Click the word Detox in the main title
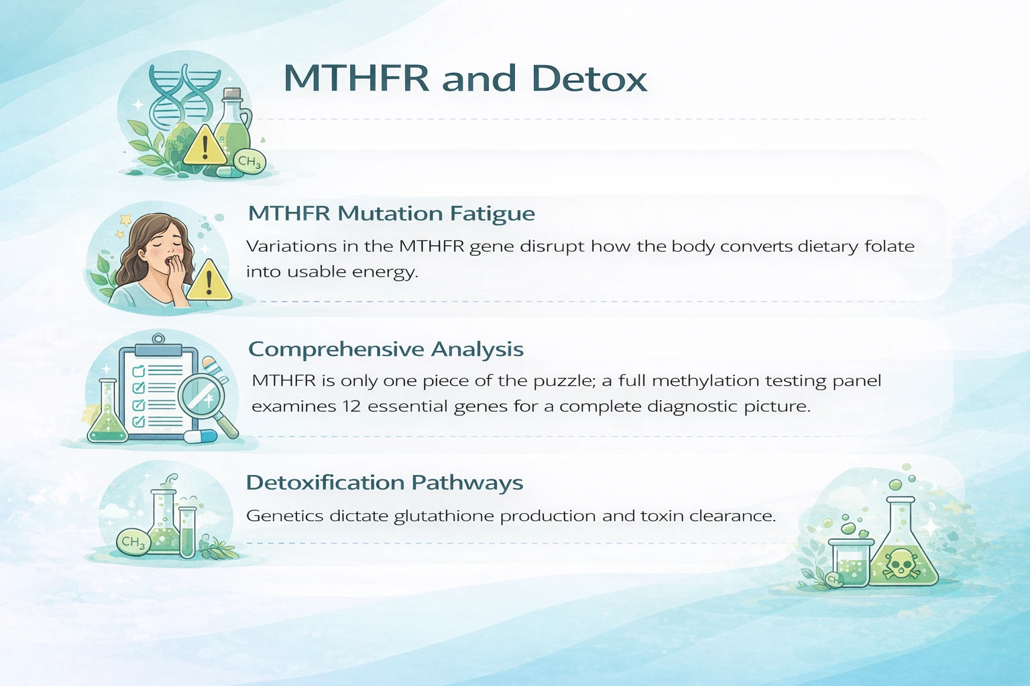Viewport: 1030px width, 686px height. click(x=589, y=78)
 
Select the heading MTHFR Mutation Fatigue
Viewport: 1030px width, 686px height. click(x=391, y=214)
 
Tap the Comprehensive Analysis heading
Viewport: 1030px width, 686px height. click(x=386, y=349)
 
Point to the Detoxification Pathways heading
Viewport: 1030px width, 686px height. click(x=384, y=483)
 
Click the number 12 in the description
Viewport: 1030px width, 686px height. click(x=351, y=407)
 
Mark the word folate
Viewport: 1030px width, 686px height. click(x=889, y=247)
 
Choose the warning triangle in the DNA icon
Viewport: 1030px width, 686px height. click(x=205, y=146)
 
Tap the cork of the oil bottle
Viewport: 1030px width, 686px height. click(x=232, y=94)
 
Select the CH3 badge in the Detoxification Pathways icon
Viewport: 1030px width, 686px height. click(x=132, y=542)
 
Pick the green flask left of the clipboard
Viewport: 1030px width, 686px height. click(x=107, y=415)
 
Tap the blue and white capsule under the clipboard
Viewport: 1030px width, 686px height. click(x=201, y=437)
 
